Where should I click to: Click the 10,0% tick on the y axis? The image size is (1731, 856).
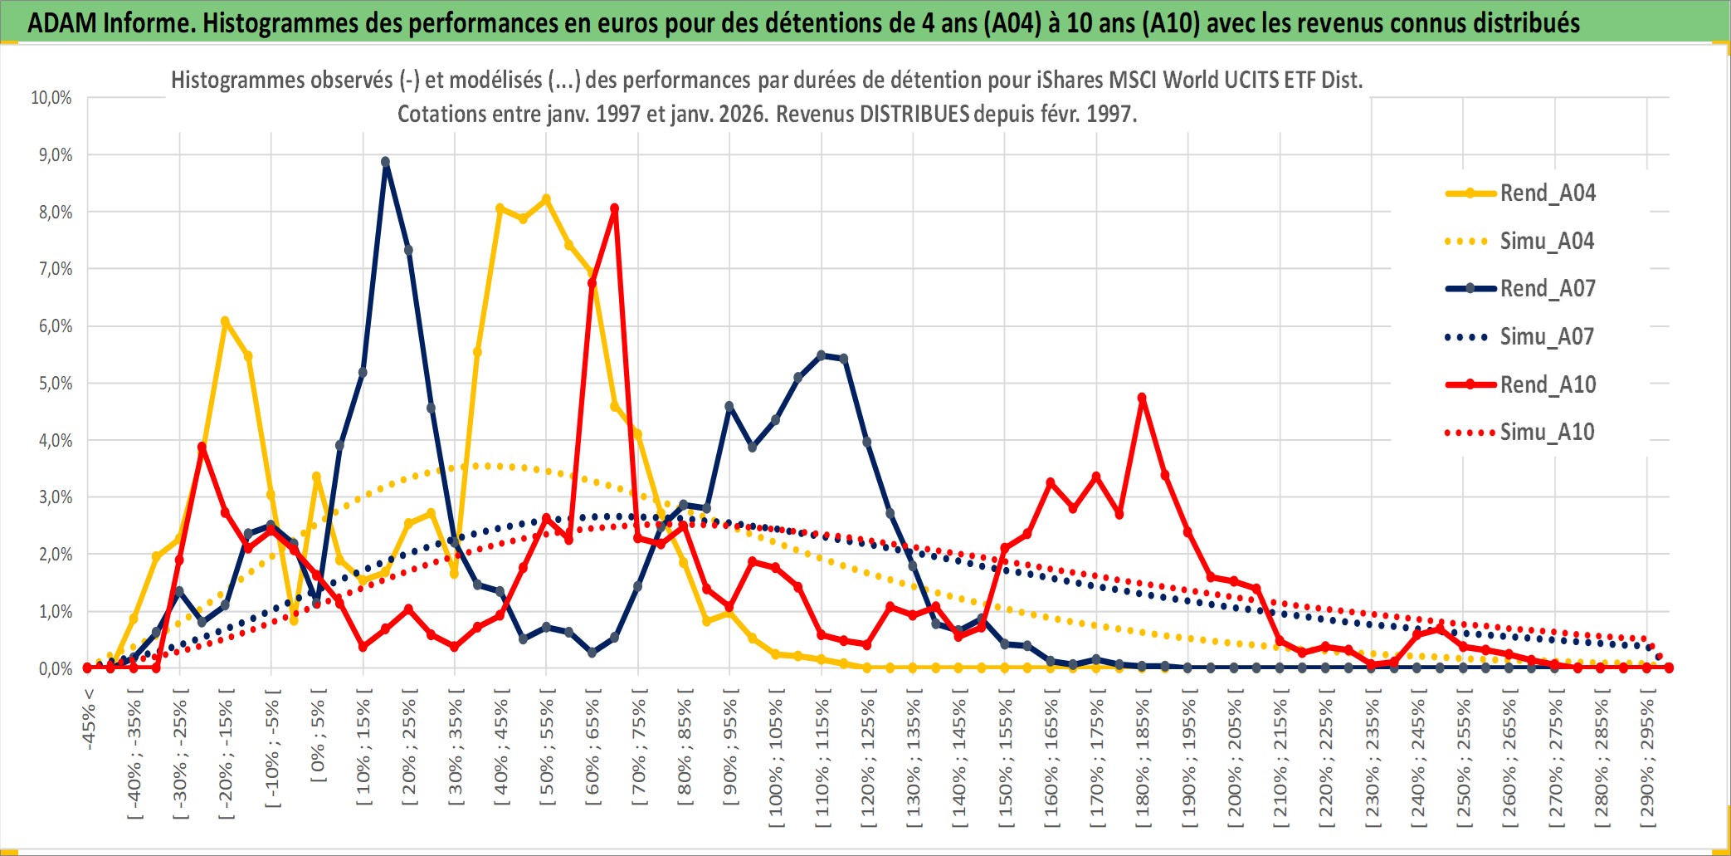pos(51,98)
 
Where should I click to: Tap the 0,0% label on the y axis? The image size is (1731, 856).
pos(56,669)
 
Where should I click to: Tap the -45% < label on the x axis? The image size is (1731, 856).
pos(89,719)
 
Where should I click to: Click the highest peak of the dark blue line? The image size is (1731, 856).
pos(385,162)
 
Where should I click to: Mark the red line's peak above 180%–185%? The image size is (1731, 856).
pos(1142,398)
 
